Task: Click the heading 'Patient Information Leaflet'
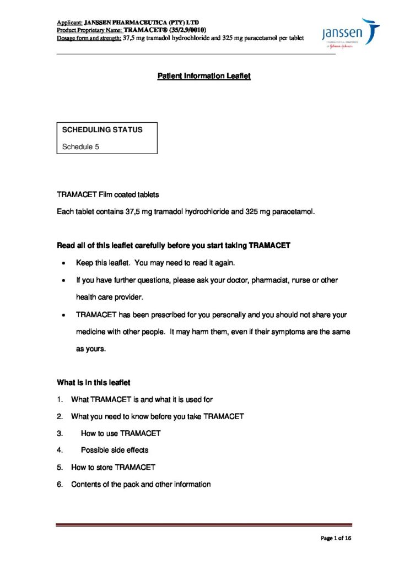pos(204,76)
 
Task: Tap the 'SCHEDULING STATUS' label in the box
pos(102,130)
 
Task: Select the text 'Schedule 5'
pos(80,147)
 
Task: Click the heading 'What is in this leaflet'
pos(93,382)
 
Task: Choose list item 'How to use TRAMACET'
pos(121,433)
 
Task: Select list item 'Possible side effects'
pos(115,450)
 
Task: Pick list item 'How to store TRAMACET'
pos(113,467)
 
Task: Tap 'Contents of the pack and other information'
pos(141,484)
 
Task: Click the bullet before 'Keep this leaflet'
pos(65,263)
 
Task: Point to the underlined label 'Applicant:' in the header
pos(69,22)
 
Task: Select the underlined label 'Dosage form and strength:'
pos(89,38)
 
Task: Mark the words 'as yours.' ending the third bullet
pos(90,349)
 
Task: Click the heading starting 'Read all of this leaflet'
pos(174,245)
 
